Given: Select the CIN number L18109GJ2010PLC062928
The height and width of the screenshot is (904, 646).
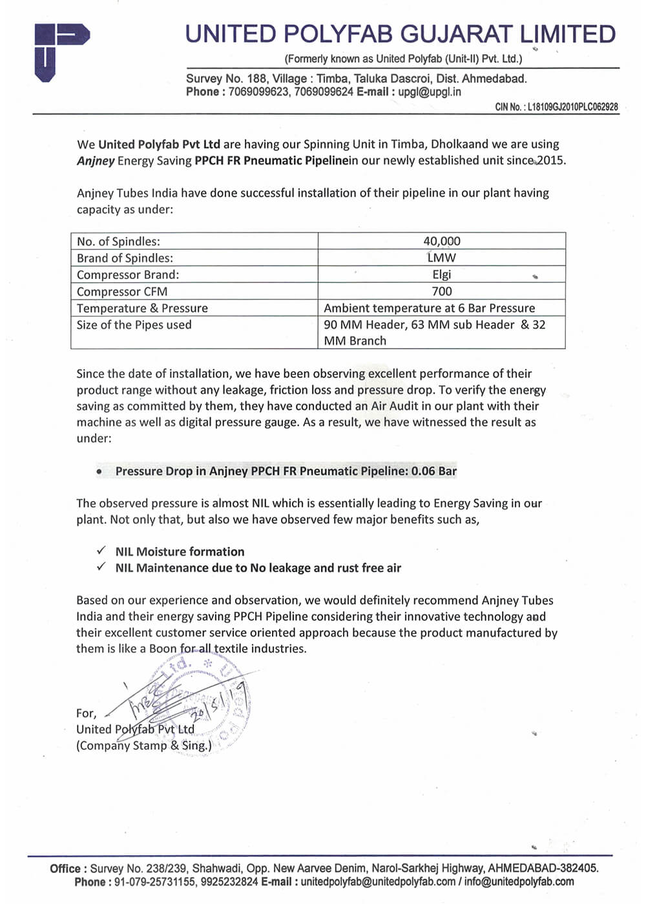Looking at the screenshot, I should pos(572,107).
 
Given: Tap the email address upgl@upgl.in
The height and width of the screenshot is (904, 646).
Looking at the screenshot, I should pos(430,92).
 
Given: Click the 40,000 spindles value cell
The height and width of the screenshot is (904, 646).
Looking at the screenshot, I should pos(442,241).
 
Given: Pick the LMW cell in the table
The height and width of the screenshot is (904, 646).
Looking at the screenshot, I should pos(442,258).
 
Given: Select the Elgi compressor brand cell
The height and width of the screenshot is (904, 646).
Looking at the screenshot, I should pos(442,274).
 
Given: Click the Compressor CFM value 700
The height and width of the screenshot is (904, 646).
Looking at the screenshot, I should pos(442,291).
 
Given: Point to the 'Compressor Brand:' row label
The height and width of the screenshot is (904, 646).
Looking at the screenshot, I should pos(128,274).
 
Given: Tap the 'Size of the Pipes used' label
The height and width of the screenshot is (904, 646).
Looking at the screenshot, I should pos(134,325).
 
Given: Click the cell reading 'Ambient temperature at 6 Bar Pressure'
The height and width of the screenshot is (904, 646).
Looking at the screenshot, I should pos(430,308).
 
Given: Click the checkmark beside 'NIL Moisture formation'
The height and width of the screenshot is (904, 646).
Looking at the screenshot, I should pos(101,551).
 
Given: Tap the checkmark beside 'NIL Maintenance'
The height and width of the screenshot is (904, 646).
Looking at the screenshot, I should pos(101,567).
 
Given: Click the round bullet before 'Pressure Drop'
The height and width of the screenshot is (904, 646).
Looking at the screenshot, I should pos(99,471).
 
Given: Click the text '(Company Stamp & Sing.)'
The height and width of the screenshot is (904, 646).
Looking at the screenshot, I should pos(143,745).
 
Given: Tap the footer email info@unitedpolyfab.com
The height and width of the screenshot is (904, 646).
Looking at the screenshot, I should pos(519,882).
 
